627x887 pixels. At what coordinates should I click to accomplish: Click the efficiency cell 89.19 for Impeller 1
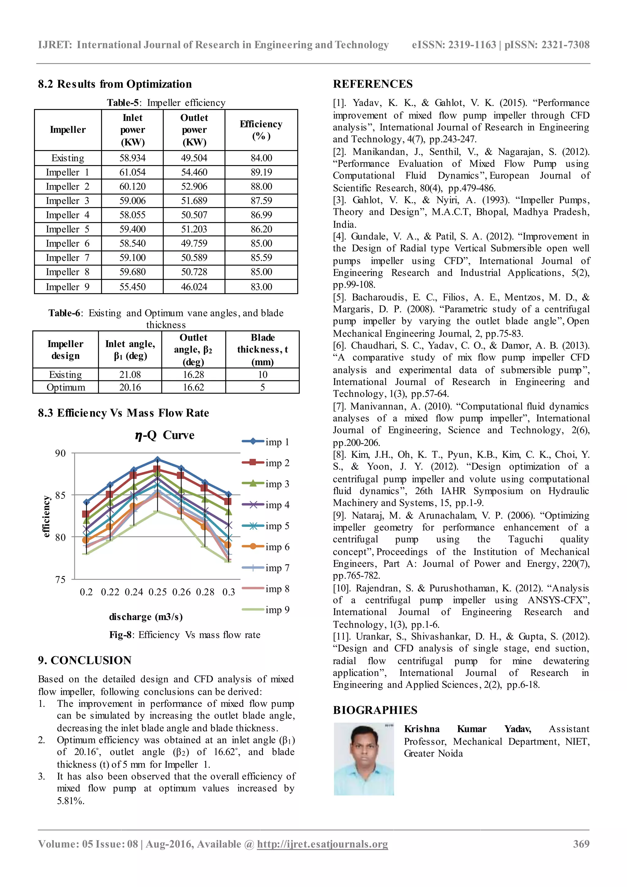pyautogui.click(x=261, y=172)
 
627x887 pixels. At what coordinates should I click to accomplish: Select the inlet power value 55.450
pyautogui.click(x=133, y=287)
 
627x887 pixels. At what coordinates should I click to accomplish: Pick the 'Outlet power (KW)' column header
pyautogui.click(x=194, y=130)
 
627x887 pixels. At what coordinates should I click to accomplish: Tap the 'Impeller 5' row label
pyautogui.click(x=68, y=229)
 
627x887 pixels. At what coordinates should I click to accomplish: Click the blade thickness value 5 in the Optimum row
pyautogui.click(x=263, y=387)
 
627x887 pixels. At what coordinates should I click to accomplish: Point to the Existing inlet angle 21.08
pyautogui.click(x=130, y=374)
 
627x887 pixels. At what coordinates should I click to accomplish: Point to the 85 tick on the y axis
pyautogui.click(x=61, y=495)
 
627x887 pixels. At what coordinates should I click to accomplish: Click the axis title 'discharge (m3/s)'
pyautogui.click(x=146, y=617)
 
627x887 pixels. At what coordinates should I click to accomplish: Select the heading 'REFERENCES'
pyautogui.click(x=373, y=84)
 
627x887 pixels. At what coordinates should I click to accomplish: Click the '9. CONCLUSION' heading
pyautogui.click(x=84, y=660)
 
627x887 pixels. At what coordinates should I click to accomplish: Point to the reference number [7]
pyautogui.click(x=340, y=406)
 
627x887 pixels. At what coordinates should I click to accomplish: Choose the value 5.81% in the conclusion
pyautogui.click(x=71, y=801)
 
